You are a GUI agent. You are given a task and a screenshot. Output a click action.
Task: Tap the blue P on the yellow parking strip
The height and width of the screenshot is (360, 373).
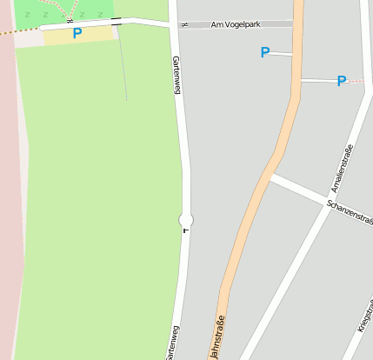(x=77, y=34)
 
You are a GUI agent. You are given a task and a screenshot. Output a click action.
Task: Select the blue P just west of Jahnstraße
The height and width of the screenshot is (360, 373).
(x=265, y=53)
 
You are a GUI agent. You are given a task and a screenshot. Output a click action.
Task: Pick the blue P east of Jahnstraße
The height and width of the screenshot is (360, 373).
(x=342, y=82)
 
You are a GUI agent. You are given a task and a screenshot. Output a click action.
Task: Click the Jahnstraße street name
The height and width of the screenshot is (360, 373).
(x=216, y=336)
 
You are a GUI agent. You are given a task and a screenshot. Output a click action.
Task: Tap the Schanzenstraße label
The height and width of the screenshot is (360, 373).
(x=350, y=212)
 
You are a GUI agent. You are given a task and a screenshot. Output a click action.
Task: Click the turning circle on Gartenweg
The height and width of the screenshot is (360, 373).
(x=185, y=219)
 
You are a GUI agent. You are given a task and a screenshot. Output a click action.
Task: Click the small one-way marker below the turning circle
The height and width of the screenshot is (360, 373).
(x=184, y=231)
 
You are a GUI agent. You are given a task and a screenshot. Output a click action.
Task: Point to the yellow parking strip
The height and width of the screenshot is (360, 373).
(x=79, y=35)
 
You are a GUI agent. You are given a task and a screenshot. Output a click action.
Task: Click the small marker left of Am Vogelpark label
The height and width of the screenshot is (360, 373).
(x=183, y=24)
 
